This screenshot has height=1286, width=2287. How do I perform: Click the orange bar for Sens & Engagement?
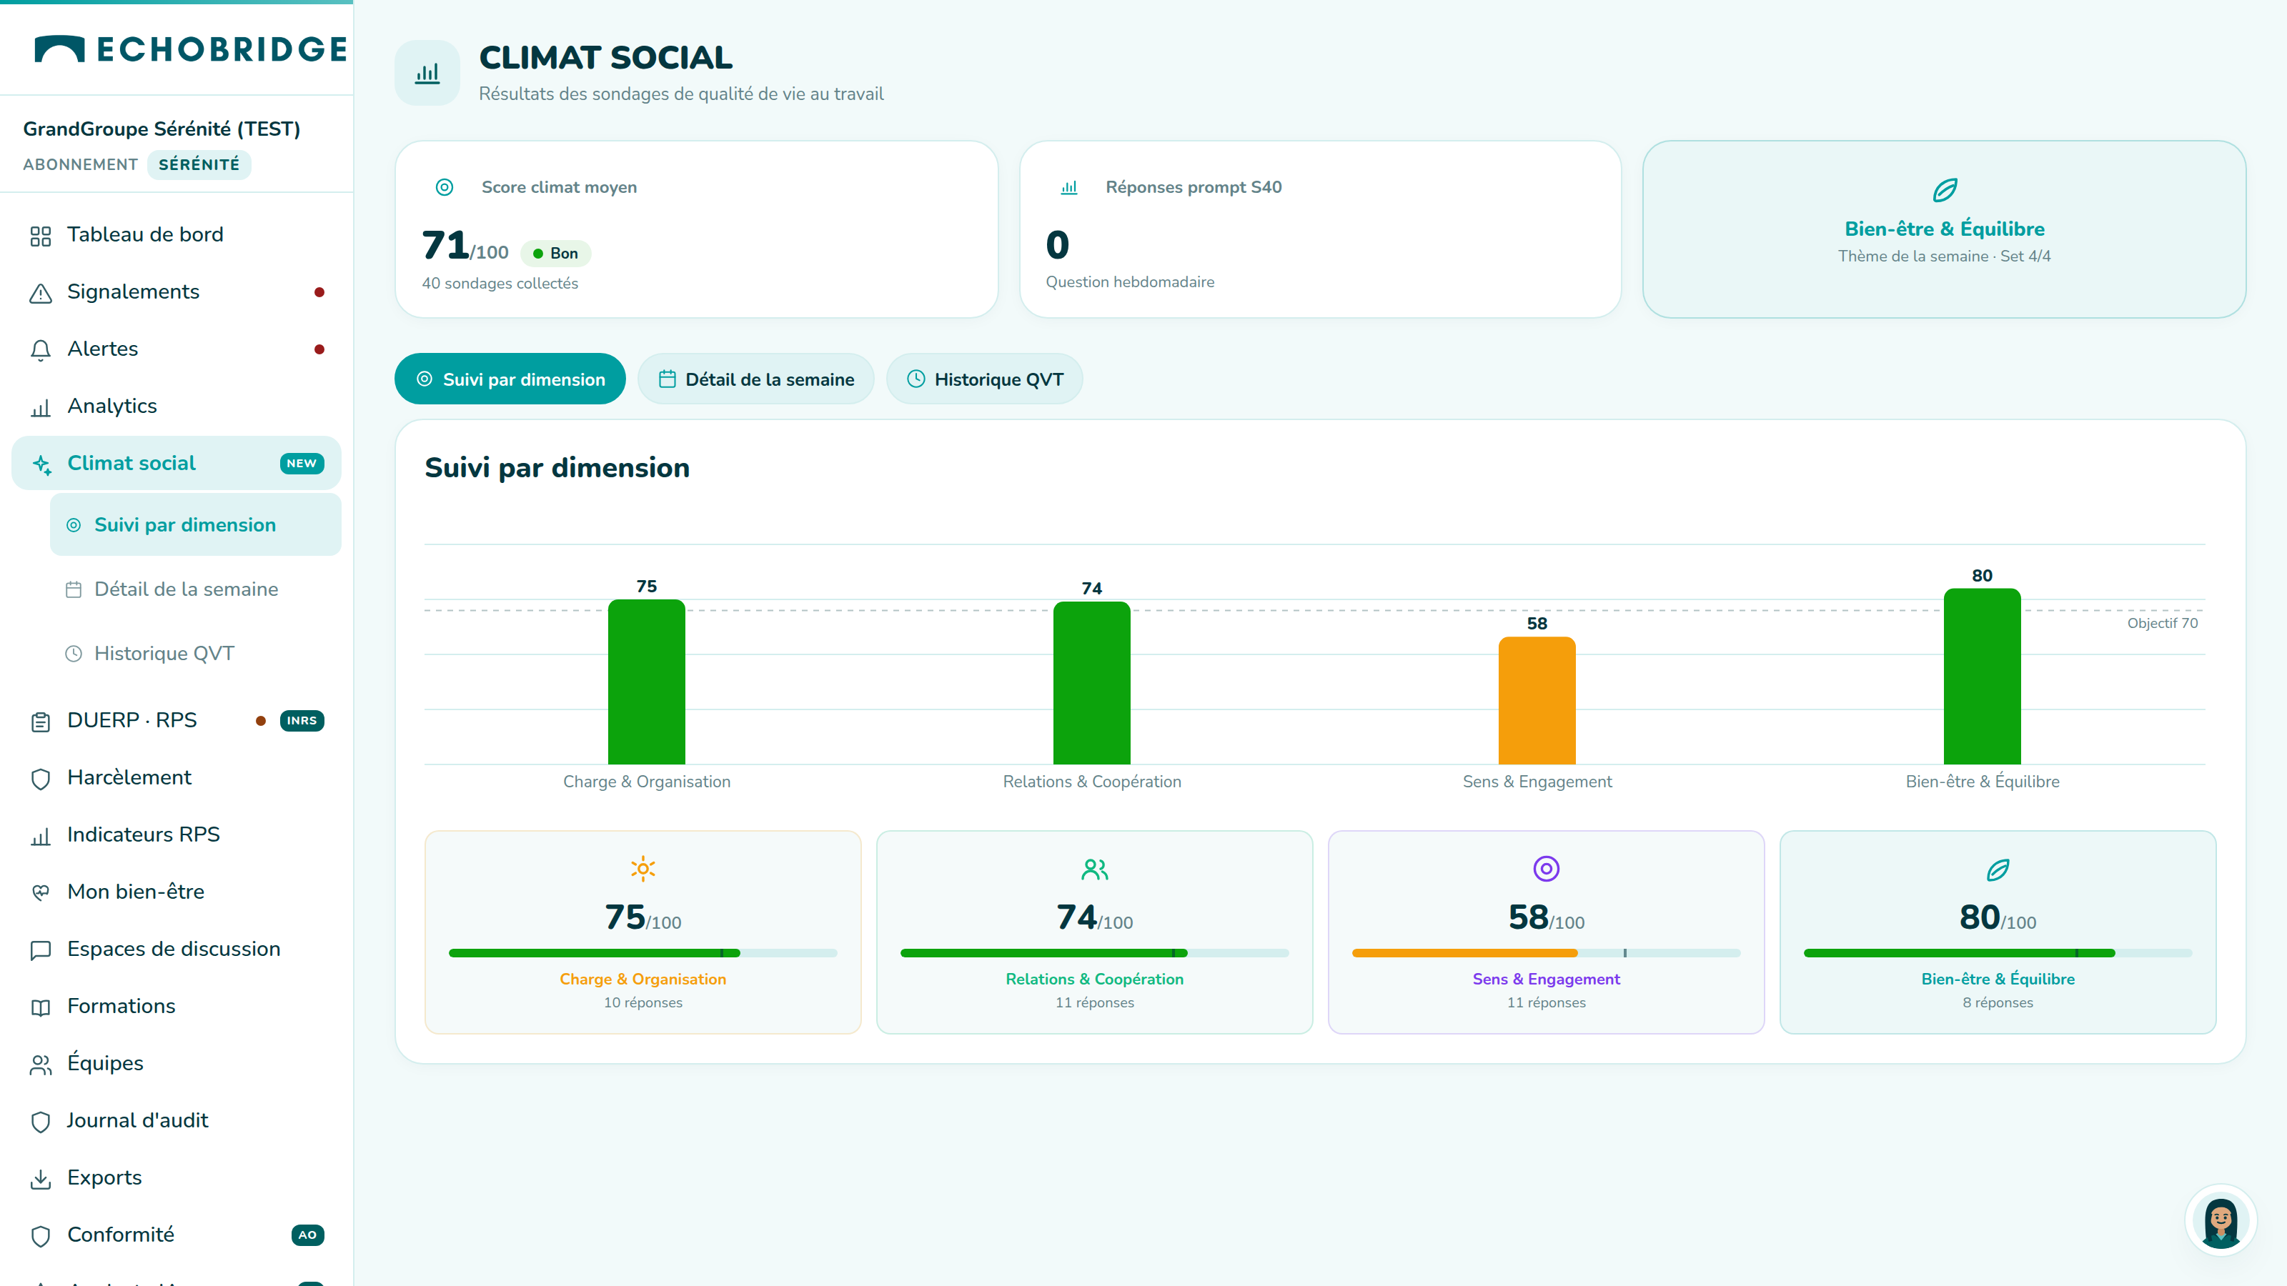tap(1537, 700)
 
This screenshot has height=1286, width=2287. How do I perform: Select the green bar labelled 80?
tap(1982, 677)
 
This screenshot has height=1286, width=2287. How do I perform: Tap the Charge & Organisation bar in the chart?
tap(646, 682)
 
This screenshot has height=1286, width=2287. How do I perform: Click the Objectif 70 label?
tap(2162, 623)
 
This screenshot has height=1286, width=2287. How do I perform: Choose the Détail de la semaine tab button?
tap(755, 379)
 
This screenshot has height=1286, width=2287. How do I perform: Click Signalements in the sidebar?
tap(133, 292)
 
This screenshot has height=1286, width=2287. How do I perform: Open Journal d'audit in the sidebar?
tap(138, 1120)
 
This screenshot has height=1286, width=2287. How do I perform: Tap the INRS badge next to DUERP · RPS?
tap(302, 721)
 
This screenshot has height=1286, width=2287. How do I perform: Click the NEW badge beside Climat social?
tap(302, 463)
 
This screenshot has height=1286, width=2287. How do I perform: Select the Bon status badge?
tap(556, 253)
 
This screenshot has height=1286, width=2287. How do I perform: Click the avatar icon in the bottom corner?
tap(2221, 1221)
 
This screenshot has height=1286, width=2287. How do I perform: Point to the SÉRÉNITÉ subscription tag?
tap(199, 164)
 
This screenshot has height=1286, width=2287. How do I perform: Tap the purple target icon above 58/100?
tap(1546, 868)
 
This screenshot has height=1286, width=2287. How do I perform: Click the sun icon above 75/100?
tap(643, 868)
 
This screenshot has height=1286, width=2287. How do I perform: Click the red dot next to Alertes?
tap(319, 349)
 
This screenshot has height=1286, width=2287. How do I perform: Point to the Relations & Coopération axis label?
tap(1092, 781)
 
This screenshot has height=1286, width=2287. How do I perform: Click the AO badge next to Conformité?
tap(307, 1235)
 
